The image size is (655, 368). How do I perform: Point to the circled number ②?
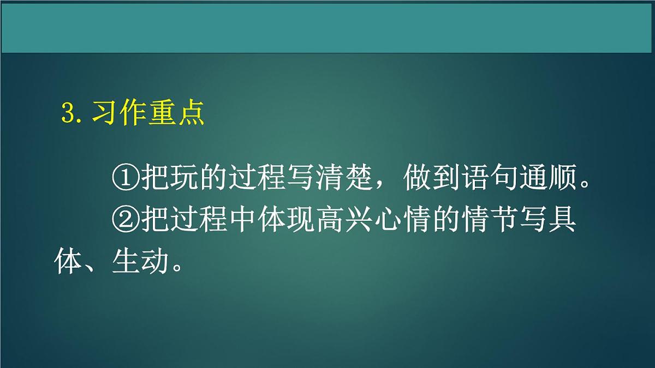[126, 221]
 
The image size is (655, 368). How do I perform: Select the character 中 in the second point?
[242, 221]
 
